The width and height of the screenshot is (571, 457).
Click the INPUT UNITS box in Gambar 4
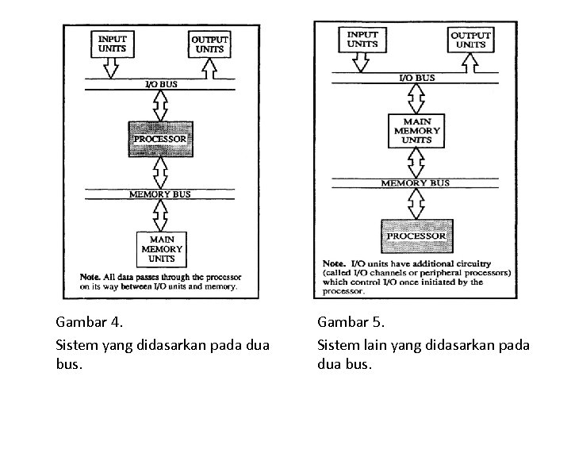tap(111, 44)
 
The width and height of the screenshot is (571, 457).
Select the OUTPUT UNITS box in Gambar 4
tap(209, 44)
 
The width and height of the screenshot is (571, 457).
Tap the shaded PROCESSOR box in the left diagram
tap(161, 139)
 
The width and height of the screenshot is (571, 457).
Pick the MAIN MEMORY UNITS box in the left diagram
tap(162, 249)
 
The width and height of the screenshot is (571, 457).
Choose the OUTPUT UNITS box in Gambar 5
tap(468, 39)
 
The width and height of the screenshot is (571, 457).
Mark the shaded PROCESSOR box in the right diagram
tap(416, 236)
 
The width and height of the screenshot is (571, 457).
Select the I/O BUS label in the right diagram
tap(416, 78)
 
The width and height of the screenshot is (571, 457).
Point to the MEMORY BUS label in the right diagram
tap(416, 183)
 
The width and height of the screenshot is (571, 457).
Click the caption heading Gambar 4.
tap(90, 322)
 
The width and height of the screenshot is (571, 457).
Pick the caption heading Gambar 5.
tap(351, 322)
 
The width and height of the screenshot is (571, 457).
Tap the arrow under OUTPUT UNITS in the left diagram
tap(210, 70)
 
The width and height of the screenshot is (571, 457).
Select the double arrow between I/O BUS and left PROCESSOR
tap(161, 105)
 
